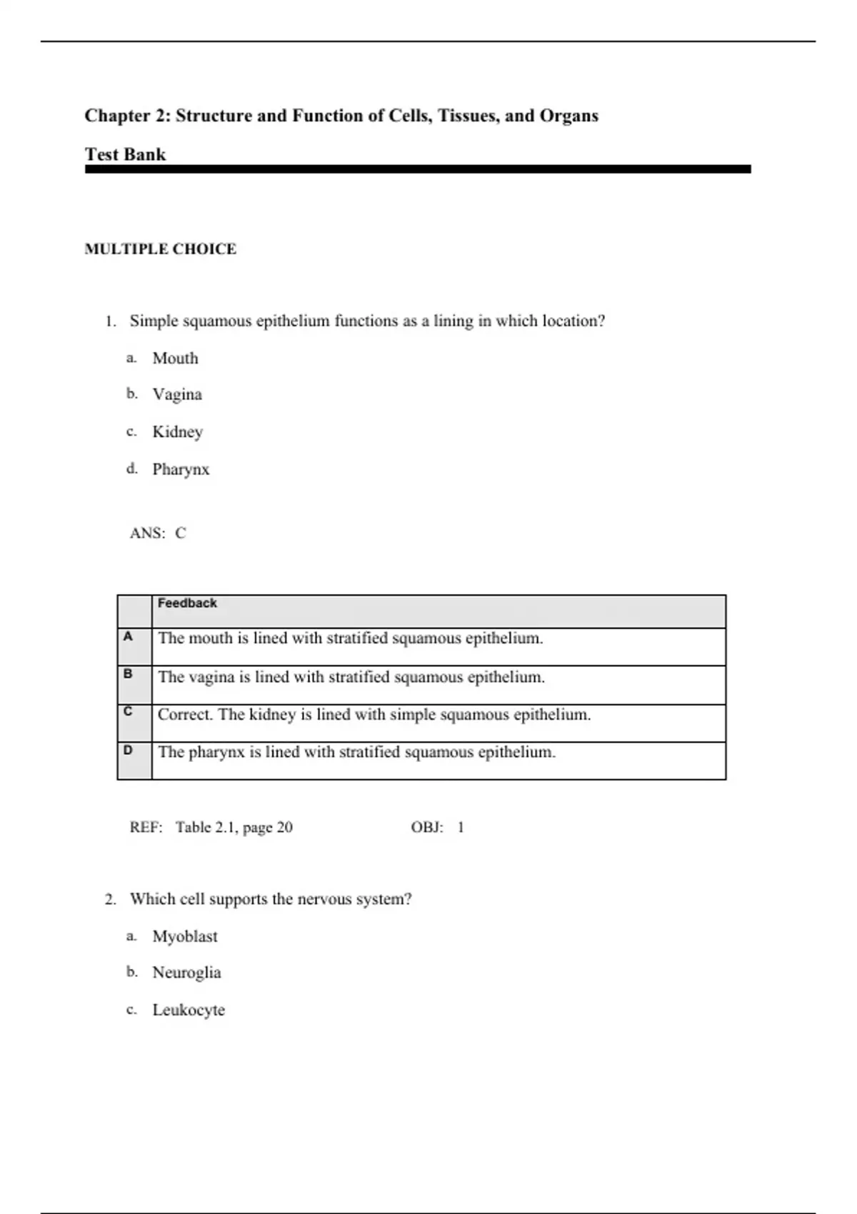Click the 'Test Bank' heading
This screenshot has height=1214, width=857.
pyautogui.click(x=125, y=154)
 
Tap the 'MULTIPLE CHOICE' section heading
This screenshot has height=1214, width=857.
pyautogui.click(x=160, y=249)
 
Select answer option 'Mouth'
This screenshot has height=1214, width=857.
pyautogui.click(x=175, y=358)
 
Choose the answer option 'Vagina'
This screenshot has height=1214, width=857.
pyautogui.click(x=177, y=394)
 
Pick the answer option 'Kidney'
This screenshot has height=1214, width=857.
pyautogui.click(x=178, y=432)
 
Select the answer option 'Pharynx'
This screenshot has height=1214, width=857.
pyautogui.click(x=181, y=469)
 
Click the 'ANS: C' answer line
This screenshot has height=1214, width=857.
pyautogui.click(x=158, y=533)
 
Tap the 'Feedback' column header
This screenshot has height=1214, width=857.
pyautogui.click(x=187, y=603)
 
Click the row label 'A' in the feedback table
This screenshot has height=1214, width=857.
pyautogui.click(x=128, y=636)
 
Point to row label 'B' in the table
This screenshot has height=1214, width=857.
pyautogui.click(x=128, y=673)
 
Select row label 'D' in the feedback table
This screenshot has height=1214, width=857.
pyautogui.click(x=128, y=751)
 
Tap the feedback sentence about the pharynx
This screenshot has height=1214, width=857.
pyautogui.click(x=356, y=752)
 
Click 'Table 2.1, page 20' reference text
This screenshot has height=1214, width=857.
pyautogui.click(x=234, y=828)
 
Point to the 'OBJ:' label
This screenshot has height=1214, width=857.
pyautogui.click(x=426, y=828)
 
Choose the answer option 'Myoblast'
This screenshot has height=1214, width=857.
pyautogui.click(x=185, y=936)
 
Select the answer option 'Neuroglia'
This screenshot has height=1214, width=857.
pyautogui.click(x=186, y=973)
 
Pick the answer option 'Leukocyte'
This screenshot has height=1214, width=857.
pyautogui.click(x=189, y=1010)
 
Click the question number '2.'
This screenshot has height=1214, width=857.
pyautogui.click(x=111, y=900)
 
